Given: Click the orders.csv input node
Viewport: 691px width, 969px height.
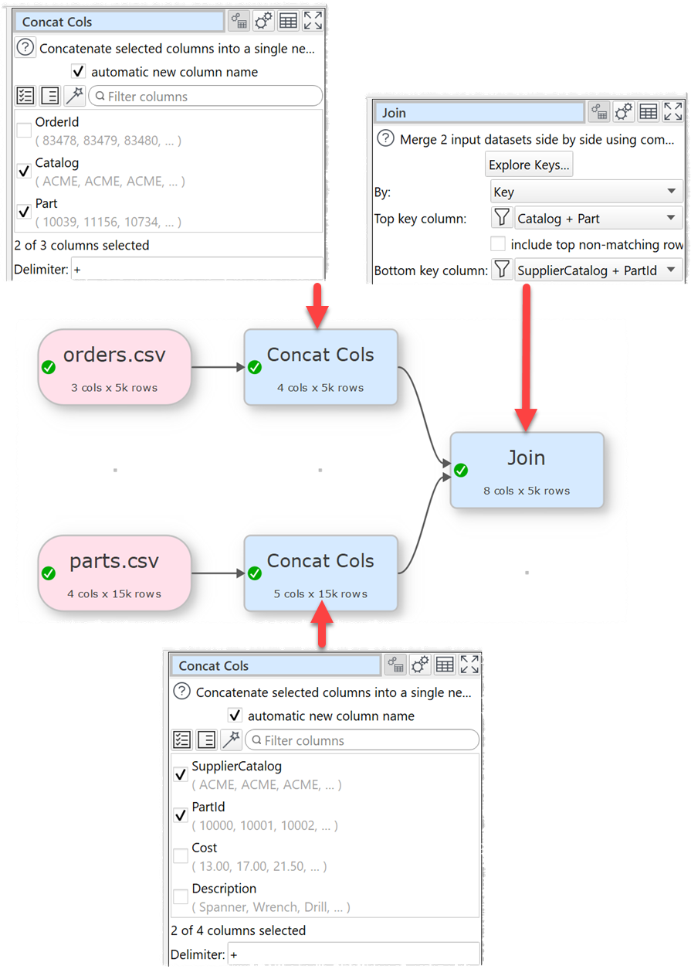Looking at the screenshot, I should click(114, 366).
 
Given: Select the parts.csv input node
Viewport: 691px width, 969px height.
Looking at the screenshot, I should click(114, 573).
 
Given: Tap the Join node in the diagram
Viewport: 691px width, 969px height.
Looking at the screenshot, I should click(526, 469).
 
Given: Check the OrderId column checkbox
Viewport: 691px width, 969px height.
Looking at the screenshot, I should click(25, 131).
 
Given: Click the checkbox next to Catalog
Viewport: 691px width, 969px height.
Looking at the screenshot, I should click(25, 172).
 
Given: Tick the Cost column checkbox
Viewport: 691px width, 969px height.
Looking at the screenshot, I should click(181, 856).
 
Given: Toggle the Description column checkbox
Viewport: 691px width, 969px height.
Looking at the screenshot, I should click(181, 897).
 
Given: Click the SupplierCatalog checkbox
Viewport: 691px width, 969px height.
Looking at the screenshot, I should click(181, 774).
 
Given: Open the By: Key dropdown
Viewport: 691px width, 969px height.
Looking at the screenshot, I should click(586, 192).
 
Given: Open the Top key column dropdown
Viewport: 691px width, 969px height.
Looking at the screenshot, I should click(597, 219).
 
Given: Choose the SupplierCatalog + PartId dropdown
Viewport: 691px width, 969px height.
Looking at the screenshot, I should click(597, 270).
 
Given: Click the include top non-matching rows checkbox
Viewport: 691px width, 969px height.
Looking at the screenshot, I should click(499, 244).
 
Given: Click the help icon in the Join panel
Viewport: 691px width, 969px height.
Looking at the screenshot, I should click(385, 140).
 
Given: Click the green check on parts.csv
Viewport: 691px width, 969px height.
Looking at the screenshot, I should click(49, 573).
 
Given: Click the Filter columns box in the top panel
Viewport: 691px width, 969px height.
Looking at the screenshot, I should click(206, 97).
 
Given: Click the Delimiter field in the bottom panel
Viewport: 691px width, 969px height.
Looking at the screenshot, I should click(353, 954).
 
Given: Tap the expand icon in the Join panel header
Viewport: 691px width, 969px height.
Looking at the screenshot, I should click(673, 112).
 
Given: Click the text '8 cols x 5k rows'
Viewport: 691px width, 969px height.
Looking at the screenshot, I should click(527, 491).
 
